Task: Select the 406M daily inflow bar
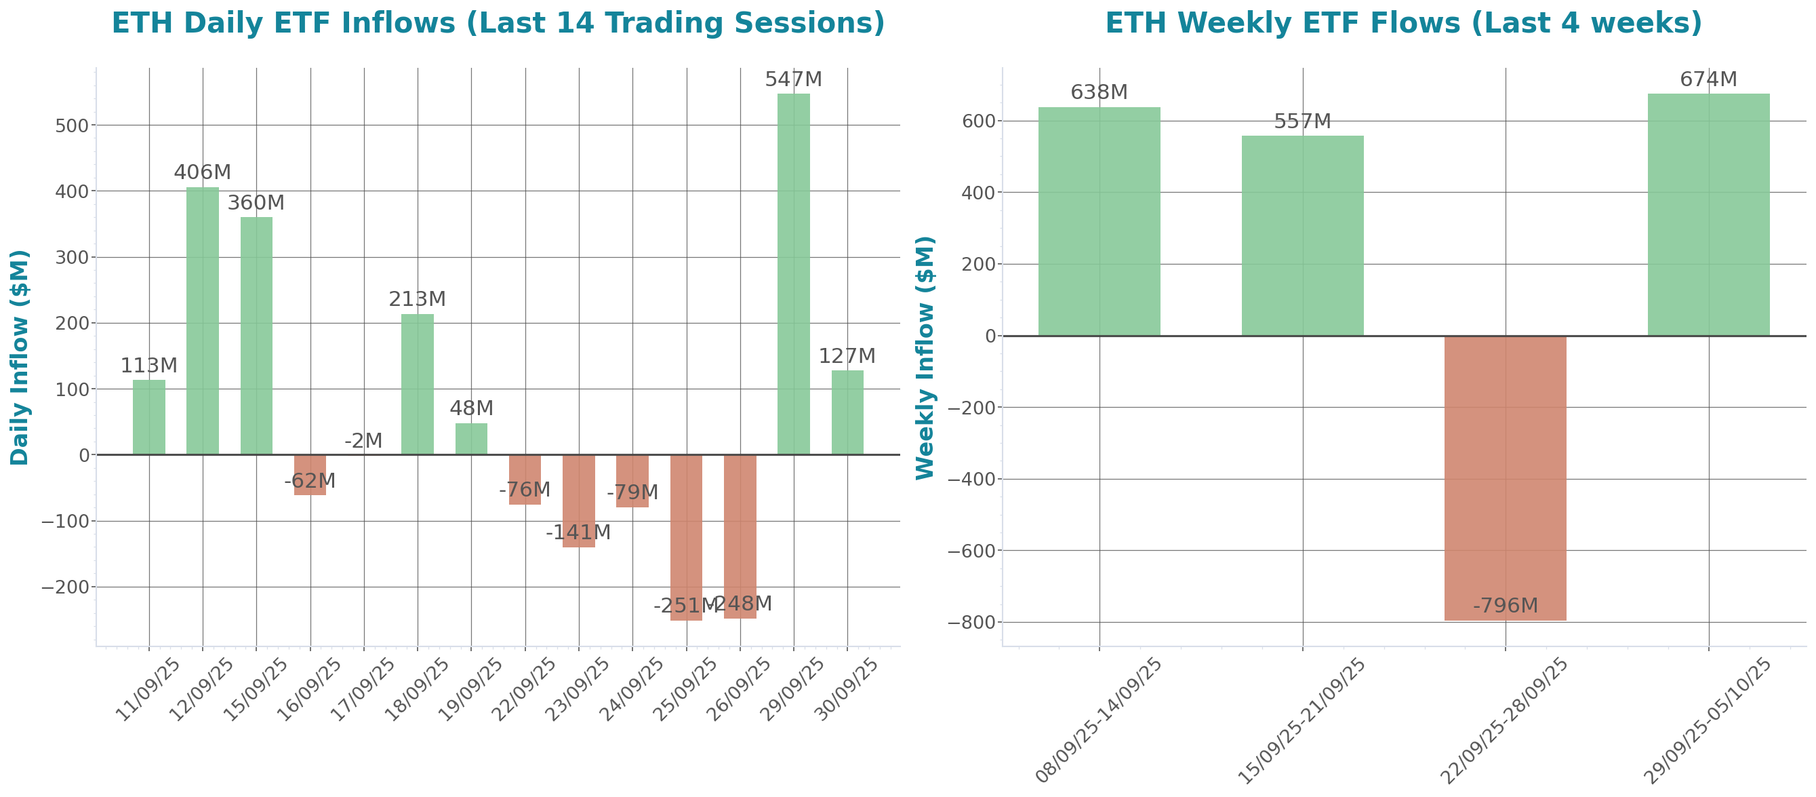coord(202,321)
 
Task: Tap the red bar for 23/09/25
coord(579,501)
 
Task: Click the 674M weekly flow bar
coord(1708,214)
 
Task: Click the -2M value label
coord(364,441)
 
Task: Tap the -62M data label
coord(310,481)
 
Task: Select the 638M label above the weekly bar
coord(1099,92)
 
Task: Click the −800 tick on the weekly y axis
coord(971,622)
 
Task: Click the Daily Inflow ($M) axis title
coord(20,357)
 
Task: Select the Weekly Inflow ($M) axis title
coord(924,357)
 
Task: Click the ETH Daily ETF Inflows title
coord(498,23)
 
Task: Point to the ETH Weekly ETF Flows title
coord(1403,23)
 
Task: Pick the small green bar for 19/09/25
coord(471,439)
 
